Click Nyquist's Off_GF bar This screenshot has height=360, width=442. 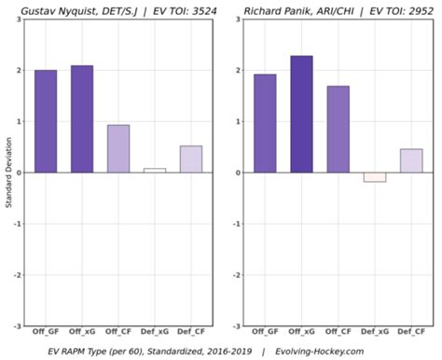(x=46, y=121)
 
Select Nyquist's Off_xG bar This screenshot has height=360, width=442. (x=82, y=119)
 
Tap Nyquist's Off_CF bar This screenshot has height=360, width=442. (x=118, y=148)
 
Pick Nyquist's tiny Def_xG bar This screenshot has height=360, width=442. (x=155, y=171)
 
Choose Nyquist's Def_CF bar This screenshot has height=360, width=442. (x=191, y=159)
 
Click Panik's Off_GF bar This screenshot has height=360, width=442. (x=265, y=123)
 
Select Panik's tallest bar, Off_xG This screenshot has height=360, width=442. (x=301, y=114)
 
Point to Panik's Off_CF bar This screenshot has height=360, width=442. (x=338, y=129)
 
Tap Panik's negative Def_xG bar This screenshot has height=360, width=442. (x=374, y=177)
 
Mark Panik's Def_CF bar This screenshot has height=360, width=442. (x=411, y=160)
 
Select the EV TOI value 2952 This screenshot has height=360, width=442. (x=409, y=10)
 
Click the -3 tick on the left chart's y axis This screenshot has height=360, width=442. (x=18, y=326)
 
